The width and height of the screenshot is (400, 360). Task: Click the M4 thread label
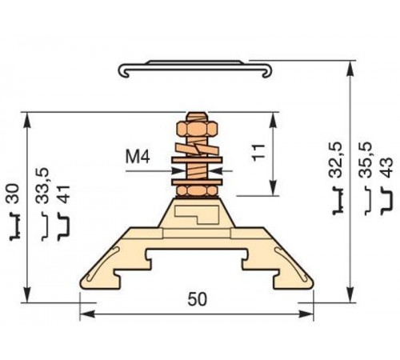pos(138,157)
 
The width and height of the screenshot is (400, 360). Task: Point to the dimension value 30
pos(12,194)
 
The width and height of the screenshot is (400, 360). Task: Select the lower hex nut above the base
pos(198,189)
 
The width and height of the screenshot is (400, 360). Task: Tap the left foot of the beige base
pos(98,276)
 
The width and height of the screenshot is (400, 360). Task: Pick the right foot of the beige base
pos(297,276)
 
